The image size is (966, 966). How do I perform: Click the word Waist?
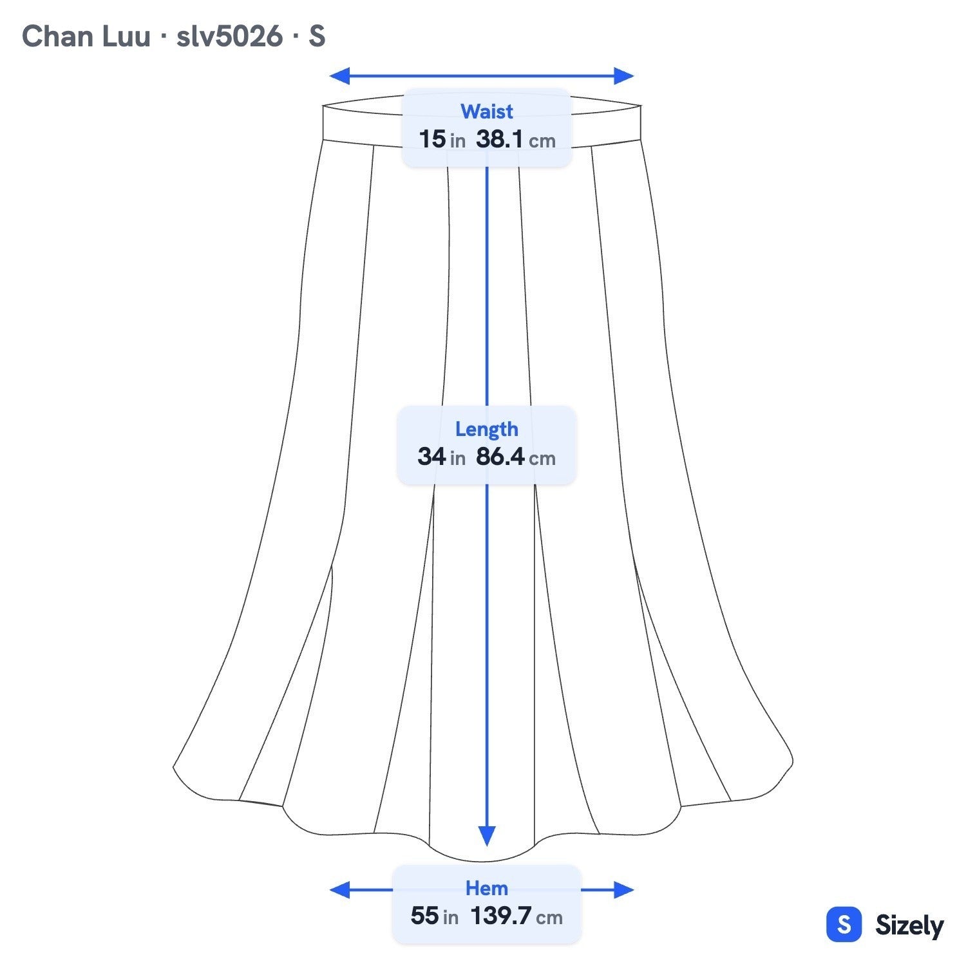coord(486,111)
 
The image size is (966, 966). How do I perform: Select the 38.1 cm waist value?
coord(516,139)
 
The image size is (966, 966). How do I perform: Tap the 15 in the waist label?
coord(432,139)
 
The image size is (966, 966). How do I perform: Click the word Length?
coord(486,429)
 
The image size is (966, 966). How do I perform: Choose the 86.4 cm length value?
coord(516,457)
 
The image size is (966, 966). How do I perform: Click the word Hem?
coord(486,888)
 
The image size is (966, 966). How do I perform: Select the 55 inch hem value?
coord(435,916)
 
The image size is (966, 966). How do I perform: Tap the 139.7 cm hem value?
coord(516,916)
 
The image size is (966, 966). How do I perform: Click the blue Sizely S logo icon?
coord(844,925)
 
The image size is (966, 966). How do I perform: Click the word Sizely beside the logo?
coord(909,926)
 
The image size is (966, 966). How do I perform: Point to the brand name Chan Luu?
coord(86,36)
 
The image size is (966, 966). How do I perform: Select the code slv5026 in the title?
coord(229,36)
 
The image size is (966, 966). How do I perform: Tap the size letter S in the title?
coord(317,36)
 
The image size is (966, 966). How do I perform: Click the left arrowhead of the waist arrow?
coord(339,76)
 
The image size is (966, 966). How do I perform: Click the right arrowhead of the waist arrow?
coord(624,76)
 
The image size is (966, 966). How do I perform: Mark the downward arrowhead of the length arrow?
coord(487,837)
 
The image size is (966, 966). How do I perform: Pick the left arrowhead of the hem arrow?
coord(339,890)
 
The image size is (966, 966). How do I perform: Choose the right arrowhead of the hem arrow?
coord(624,890)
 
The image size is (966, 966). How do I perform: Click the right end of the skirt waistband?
coord(641,122)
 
